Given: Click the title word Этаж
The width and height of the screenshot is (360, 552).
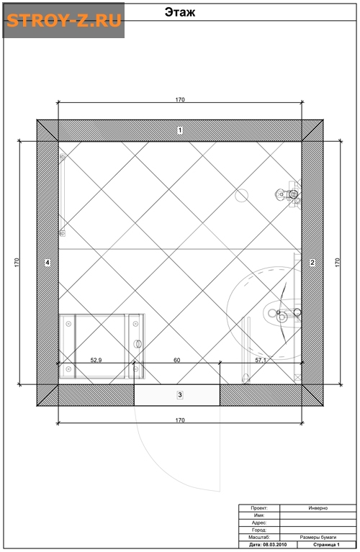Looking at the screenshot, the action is click(x=180, y=12).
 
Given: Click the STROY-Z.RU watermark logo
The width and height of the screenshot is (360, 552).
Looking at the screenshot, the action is click(x=64, y=20).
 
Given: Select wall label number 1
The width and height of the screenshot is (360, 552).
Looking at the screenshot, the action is click(x=180, y=130).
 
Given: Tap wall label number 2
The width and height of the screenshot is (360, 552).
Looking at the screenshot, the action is click(x=312, y=262).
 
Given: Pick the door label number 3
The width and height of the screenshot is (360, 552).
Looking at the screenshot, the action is click(x=180, y=395).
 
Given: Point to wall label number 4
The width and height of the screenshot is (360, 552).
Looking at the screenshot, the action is click(x=48, y=262).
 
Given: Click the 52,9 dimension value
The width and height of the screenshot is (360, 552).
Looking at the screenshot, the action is click(x=96, y=360).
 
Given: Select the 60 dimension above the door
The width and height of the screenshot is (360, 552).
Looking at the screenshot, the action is click(x=177, y=360).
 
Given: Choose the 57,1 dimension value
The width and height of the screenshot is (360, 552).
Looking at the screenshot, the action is click(x=261, y=360).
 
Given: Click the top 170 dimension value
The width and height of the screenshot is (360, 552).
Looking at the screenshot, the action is click(x=180, y=99).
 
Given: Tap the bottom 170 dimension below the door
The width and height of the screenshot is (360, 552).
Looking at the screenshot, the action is click(x=180, y=420).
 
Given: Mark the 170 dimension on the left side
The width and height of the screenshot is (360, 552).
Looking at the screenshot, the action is click(x=17, y=263).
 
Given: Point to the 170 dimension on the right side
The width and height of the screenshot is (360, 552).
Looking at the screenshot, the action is click(x=338, y=263).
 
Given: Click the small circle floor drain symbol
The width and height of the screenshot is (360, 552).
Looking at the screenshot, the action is click(x=242, y=195).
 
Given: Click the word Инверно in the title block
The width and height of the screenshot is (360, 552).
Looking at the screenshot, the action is click(x=318, y=508).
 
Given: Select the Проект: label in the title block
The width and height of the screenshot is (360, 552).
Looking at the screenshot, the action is click(x=259, y=508).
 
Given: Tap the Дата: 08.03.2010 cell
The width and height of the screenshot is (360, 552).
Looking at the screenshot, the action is click(x=268, y=545).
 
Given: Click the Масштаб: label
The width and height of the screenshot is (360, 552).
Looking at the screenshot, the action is click(x=259, y=537).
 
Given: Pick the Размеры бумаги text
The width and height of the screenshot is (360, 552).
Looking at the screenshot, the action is click(x=318, y=537).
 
